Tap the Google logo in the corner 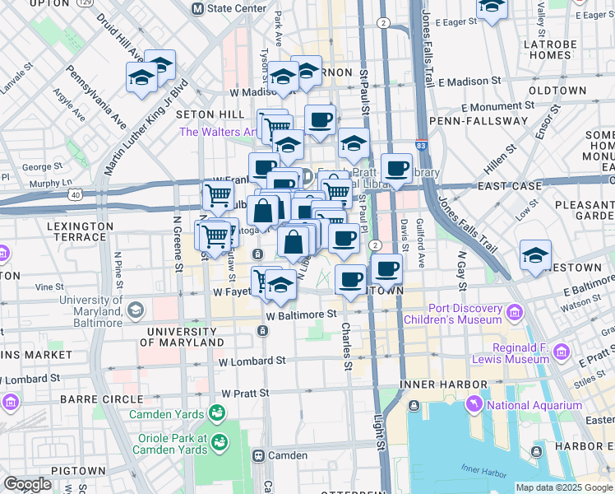pyautogui.click(x=28, y=484)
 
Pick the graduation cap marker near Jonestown pyautogui.click(x=535, y=255)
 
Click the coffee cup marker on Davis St pyautogui.click(x=397, y=169)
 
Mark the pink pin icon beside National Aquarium pyautogui.click(x=475, y=405)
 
